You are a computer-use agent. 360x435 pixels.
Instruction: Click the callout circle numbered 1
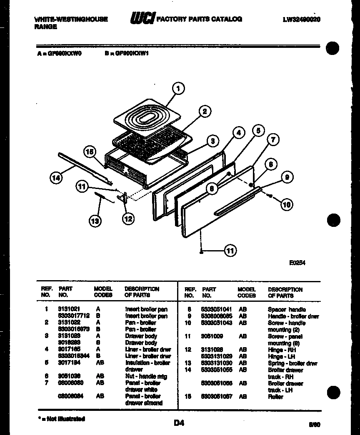coord(178,88)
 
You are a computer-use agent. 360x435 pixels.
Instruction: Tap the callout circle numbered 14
coord(56,178)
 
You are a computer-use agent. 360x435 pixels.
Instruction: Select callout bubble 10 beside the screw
coord(286,204)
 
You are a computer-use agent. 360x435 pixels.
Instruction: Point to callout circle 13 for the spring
coord(95,221)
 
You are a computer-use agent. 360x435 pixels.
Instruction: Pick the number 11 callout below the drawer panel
coord(230,250)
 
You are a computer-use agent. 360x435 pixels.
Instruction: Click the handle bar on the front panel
coord(237,202)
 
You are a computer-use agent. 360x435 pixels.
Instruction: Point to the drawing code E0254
coord(297,263)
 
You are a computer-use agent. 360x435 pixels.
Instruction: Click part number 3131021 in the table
coord(67,309)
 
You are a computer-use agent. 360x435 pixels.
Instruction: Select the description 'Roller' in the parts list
coord(275,397)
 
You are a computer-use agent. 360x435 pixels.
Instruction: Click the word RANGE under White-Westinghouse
coord(45,26)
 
